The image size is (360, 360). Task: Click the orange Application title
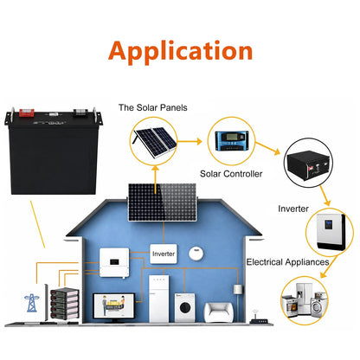tap(181, 52)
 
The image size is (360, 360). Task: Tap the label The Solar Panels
tap(153, 107)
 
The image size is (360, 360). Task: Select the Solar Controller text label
tap(231, 174)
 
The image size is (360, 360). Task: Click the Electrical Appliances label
tap(287, 262)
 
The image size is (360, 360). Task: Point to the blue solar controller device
tap(232, 141)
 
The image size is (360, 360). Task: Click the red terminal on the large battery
tap(27, 112)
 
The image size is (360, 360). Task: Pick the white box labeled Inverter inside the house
tap(164, 254)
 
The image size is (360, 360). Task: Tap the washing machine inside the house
tap(185, 307)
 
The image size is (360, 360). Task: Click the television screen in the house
tap(114, 306)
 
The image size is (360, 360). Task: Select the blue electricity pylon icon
tap(31, 303)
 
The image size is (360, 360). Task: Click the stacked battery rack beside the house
tap(64, 304)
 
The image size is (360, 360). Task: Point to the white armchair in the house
tap(219, 312)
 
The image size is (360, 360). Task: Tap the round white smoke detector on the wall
tap(196, 254)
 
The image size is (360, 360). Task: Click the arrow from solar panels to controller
tap(190, 141)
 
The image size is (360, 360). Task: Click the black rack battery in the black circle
tap(308, 164)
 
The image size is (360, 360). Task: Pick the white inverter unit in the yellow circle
tap(331, 232)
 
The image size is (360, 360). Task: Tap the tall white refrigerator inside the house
tap(158, 299)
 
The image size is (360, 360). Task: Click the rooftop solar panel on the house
tap(163, 202)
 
